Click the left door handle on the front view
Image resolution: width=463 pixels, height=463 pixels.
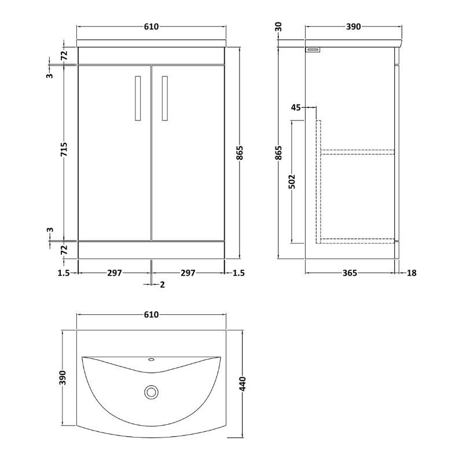tap(138, 98)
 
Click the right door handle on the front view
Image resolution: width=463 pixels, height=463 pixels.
tap(166, 98)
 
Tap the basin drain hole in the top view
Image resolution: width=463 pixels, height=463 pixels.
tap(152, 393)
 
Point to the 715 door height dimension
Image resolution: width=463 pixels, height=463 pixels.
tap(65, 152)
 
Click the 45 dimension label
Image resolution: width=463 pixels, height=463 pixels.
tap(296, 107)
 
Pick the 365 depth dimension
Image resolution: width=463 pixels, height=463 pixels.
tap(349, 273)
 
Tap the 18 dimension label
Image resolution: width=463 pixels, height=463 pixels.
tap(411, 273)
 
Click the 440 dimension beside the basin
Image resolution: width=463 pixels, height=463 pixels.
tap(243, 384)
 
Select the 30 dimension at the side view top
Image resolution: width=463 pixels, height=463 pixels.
tap(279, 27)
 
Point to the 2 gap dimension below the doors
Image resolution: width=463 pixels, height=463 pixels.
tap(163, 284)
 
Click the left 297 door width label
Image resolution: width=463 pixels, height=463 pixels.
tap(115, 273)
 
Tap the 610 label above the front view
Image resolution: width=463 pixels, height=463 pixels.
tap(152, 27)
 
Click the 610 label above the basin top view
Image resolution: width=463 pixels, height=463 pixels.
tap(152, 314)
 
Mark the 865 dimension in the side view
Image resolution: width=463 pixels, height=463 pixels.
tap(279, 152)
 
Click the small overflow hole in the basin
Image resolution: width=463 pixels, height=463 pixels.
tap(152, 359)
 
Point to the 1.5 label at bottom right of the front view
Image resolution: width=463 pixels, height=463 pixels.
tap(237, 273)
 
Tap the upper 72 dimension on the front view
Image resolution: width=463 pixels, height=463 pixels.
tap(65, 56)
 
